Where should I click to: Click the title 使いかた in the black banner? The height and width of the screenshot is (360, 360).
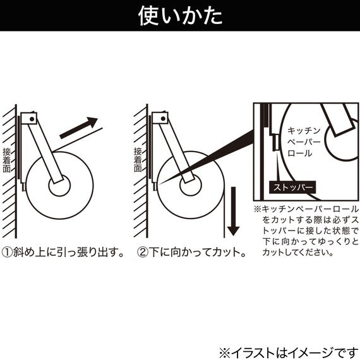[180, 16]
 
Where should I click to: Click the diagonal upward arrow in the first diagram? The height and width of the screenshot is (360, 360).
[79, 128]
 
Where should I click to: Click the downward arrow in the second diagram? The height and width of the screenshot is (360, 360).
[233, 211]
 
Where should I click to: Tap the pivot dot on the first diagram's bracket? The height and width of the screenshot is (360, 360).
[32, 119]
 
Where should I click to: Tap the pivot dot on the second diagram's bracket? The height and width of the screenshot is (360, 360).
[163, 119]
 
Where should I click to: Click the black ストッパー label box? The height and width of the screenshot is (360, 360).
[292, 188]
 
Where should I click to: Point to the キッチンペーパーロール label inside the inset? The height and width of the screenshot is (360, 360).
[304, 142]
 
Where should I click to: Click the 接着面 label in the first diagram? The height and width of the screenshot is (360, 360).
[7, 160]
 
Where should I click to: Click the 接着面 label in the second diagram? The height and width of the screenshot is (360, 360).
[138, 160]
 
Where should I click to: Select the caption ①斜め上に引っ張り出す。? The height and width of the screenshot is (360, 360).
[63, 252]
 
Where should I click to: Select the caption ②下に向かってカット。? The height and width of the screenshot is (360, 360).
[191, 252]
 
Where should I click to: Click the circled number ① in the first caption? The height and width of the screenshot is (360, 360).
[7, 252]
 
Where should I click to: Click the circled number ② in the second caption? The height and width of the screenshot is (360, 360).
[143, 252]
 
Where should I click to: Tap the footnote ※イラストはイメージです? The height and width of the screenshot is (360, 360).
[287, 352]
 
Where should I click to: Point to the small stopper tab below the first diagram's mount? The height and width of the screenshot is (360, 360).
[23, 187]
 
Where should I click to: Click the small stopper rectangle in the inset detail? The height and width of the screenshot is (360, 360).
[276, 143]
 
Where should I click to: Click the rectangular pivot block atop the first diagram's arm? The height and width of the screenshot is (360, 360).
[29, 118]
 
